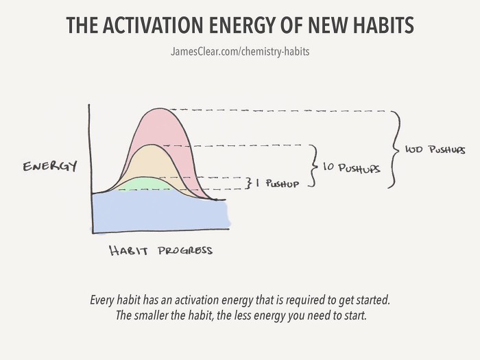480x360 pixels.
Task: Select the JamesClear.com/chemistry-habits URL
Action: click(239, 52)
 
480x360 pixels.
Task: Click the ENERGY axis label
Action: click(49, 166)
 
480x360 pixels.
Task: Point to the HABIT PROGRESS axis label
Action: click(161, 250)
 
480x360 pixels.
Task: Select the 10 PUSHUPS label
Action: click(350, 167)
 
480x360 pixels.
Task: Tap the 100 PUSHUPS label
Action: click(435, 149)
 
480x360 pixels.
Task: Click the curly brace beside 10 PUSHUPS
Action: click(314, 166)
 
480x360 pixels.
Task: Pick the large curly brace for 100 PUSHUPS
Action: click(395, 148)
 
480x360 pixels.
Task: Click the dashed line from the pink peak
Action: click(274, 110)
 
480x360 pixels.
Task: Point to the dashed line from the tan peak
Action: click(240, 145)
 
